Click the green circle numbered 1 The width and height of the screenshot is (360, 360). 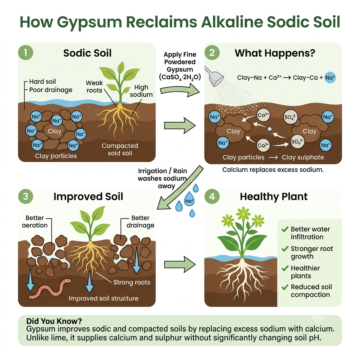[x=26, y=53]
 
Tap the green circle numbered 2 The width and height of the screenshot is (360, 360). [x=212, y=53]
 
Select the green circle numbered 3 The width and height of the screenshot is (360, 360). [x=26, y=197]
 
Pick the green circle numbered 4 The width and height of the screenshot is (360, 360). [x=212, y=197]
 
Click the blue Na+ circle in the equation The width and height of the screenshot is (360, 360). [x=330, y=78]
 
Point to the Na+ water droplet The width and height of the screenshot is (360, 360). [x=189, y=200]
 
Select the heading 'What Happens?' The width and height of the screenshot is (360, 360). [x=275, y=53]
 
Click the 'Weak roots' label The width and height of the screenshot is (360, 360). [x=94, y=86]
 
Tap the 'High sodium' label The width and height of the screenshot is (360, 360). [x=141, y=91]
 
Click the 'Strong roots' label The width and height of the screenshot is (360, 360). [x=132, y=282]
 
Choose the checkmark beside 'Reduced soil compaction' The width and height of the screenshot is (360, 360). [x=285, y=287]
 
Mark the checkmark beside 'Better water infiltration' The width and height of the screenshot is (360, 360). [x=285, y=229]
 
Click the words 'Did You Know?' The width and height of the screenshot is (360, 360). [x=54, y=321]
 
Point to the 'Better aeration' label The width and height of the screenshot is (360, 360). [x=35, y=221]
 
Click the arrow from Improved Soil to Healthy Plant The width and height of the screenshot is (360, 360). [x=180, y=264]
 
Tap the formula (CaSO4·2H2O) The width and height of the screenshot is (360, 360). [x=180, y=77]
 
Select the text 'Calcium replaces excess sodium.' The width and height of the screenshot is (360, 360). [x=273, y=170]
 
